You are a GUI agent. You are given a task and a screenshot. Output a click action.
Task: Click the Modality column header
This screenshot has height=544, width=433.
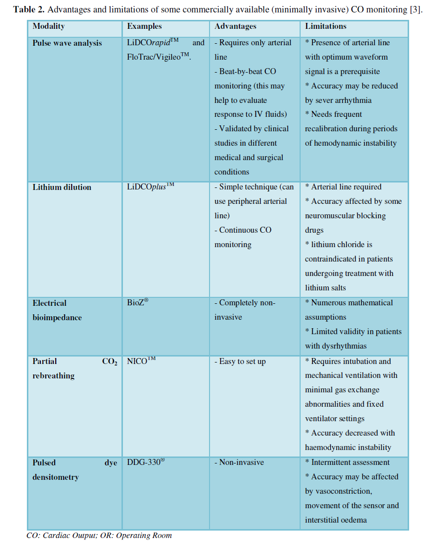pyautogui.click(x=49, y=26)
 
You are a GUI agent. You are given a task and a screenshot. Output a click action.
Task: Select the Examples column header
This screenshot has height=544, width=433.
pyautogui.click(x=144, y=26)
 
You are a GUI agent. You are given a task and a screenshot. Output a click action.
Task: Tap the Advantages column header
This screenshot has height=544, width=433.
pyautogui.click(x=235, y=26)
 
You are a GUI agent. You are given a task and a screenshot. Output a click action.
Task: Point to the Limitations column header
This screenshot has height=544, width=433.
pyautogui.click(x=326, y=26)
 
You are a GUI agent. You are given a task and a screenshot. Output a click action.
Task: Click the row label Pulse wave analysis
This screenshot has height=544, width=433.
pyautogui.click(x=67, y=43)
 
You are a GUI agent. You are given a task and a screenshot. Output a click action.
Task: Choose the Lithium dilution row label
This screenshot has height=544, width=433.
pyautogui.click(x=62, y=187)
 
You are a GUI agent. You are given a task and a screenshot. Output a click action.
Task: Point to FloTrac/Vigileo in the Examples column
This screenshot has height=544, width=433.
pyautogui.click(x=159, y=57)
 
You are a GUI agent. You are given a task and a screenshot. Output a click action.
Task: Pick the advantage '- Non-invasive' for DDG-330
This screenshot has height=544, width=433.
pyautogui.click(x=239, y=462)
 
